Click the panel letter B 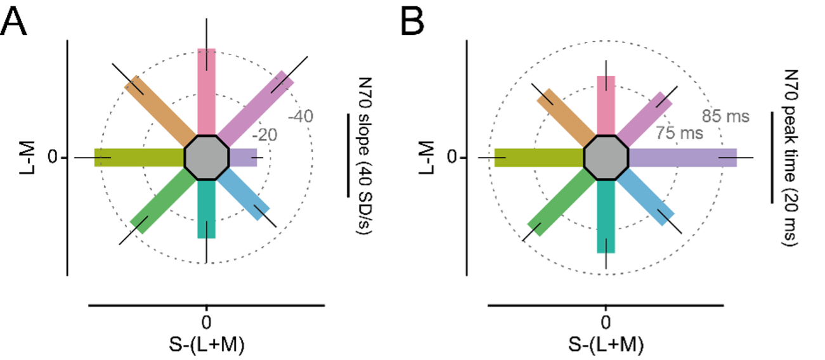pos(413,23)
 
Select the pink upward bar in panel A pos(207,89)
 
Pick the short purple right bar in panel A pos(243,157)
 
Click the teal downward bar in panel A pos(207,209)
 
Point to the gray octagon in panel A pos(207,157)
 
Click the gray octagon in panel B pos(606,157)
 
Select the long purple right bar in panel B pos(682,157)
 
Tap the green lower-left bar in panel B pos(561,203)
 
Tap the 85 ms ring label pos(725,117)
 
